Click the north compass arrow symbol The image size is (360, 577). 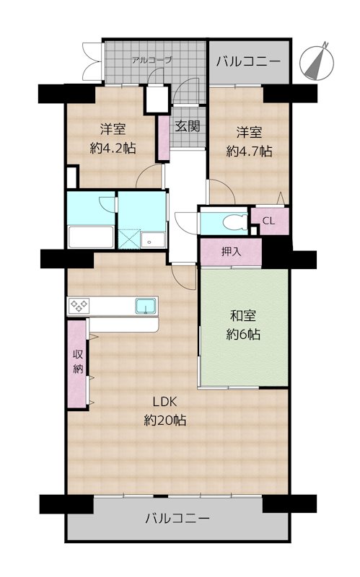coord(318,60)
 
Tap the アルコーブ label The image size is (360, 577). coord(152,61)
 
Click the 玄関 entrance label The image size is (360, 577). coord(187,125)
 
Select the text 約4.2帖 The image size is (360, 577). coord(113,148)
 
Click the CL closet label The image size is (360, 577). coord(268,221)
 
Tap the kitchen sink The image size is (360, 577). coord(145,306)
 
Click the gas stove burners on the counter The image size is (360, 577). coord(79,306)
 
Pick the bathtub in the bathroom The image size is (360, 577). coord(90,236)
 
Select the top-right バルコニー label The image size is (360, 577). coord(249,61)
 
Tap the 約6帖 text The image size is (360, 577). coord(245,334)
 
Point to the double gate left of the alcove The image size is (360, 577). coord(92,61)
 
